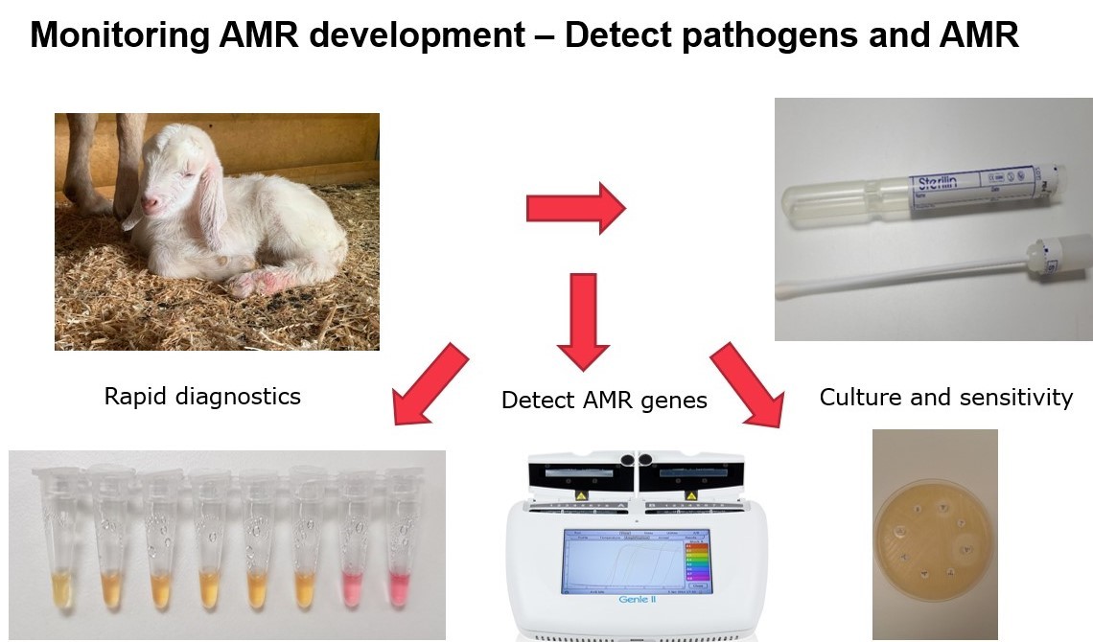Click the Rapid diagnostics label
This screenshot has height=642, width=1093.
click(202, 396)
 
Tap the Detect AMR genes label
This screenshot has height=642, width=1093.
click(604, 401)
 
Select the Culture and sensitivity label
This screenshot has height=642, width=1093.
click(945, 397)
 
